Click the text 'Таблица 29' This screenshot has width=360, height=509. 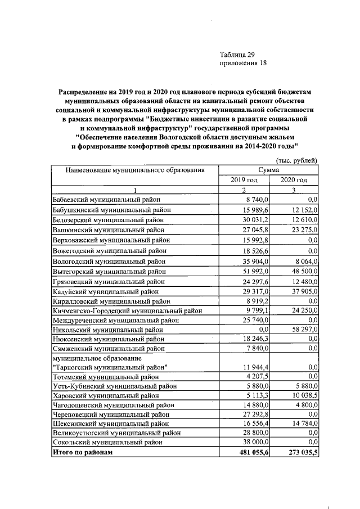[x=238, y=55]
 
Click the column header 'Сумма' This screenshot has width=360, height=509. [x=268, y=169]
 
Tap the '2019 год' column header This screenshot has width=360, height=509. [x=244, y=179]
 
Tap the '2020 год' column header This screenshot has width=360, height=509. [x=294, y=179]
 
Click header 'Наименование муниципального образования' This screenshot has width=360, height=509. [x=134, y=169]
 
